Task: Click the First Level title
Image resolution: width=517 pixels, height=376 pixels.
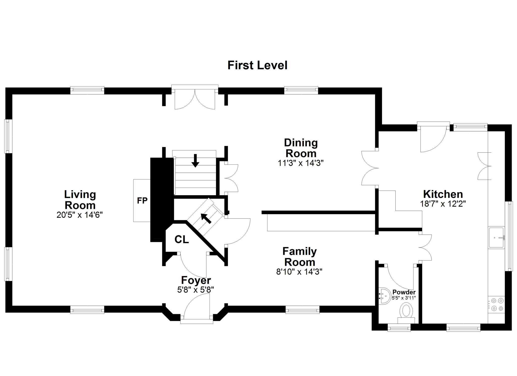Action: click(257, 65)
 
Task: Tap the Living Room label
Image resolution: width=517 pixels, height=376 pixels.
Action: click(80, 200)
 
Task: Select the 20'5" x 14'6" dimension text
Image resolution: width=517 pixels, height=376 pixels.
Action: click(80, 215)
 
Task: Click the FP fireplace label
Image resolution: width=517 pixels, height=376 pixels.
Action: click(142, 200)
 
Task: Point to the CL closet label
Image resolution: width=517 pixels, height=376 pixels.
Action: click(182, 239)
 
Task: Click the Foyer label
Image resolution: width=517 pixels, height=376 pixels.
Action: click(196, 280)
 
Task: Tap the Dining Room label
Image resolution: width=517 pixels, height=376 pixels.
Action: click(301, 148)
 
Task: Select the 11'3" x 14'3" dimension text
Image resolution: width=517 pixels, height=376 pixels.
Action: click(301, 163)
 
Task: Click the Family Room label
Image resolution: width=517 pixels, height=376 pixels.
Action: click(300, 257)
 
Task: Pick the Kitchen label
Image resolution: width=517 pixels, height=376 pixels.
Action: click(443, 194)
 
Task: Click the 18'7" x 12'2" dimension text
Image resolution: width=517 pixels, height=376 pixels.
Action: click(443, 204)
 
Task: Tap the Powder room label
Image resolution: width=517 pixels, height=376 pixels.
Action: click(404, 292)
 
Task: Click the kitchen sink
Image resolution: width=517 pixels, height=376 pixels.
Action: click(496, 237)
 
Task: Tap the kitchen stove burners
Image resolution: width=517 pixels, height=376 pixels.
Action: click(496, 304)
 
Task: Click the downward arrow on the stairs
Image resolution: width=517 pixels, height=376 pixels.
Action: click(195, 161)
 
